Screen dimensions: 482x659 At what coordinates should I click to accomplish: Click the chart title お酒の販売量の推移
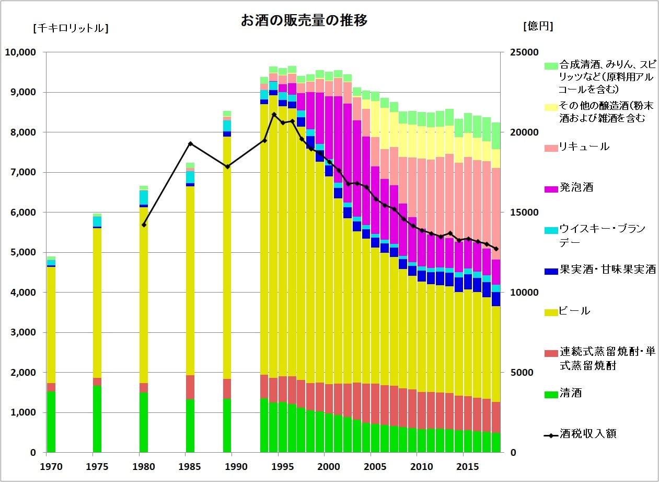(x=304, y=21)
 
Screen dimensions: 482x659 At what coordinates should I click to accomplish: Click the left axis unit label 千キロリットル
(x=71, y=28)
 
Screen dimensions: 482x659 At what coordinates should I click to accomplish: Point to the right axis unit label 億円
(x=538, y=26)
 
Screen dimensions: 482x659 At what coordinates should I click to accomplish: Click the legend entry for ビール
(x=574, y=311)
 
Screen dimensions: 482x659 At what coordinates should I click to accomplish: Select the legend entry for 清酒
(x=570, y=393)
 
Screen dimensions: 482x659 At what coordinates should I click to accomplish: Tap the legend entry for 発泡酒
(x=576, y=187)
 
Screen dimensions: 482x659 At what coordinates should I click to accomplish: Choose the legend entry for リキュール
(x=584, y=147)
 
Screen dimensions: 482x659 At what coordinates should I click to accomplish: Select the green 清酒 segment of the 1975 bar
(x=97, y=419)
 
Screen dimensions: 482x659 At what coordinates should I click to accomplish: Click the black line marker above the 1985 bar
(x=190, y=143)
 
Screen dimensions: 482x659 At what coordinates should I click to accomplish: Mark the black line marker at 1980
(x=144, y=225)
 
